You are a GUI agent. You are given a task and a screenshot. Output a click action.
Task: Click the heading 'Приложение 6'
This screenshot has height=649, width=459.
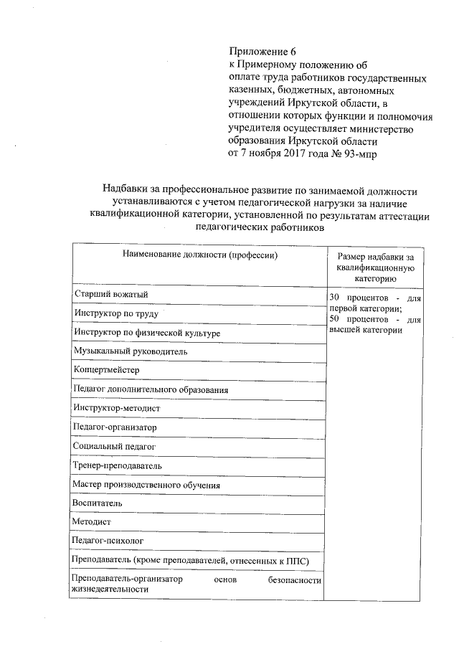coord(262,52)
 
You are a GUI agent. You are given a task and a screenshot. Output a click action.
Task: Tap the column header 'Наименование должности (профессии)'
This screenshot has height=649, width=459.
coord(199,255)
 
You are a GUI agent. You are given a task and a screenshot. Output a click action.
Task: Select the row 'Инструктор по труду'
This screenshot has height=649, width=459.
coord(115,313)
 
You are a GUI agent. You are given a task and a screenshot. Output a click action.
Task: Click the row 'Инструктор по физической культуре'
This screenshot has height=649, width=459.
coord(146,333)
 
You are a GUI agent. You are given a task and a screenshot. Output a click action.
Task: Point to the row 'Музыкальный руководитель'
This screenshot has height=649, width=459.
coord(130,351)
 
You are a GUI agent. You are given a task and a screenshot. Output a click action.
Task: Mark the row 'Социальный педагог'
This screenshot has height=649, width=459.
coord(113,446)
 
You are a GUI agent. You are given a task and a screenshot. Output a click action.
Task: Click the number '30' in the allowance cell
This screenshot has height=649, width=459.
coord(334,297)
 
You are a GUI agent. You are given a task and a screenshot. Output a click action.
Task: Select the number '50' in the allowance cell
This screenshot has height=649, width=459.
coord(334,318)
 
